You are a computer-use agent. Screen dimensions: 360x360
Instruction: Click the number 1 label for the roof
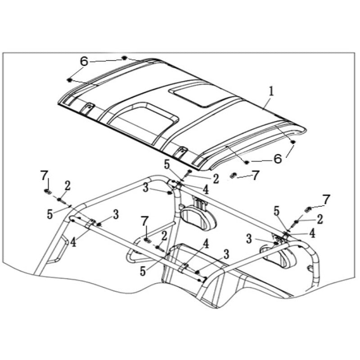point(271,92)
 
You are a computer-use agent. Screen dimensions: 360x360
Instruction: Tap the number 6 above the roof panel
point(84,61)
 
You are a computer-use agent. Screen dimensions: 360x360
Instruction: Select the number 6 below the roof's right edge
point(278,159)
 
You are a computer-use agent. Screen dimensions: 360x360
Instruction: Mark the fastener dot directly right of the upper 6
point(124,58)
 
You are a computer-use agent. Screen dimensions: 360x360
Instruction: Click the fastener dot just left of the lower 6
point(247,162)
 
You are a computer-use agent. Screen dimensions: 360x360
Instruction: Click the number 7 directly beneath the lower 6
point(256,175)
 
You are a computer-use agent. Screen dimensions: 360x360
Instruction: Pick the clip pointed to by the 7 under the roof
point(233,175)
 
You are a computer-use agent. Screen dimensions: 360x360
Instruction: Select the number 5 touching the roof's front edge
point(166,164)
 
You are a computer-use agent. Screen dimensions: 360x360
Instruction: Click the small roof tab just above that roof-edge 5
point(182,152)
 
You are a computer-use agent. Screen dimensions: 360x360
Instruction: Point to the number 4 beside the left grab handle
point(73,243)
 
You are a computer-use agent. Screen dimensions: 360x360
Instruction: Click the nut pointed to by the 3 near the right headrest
point(276,243)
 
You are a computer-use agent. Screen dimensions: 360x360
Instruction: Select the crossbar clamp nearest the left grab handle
point(91,223)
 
